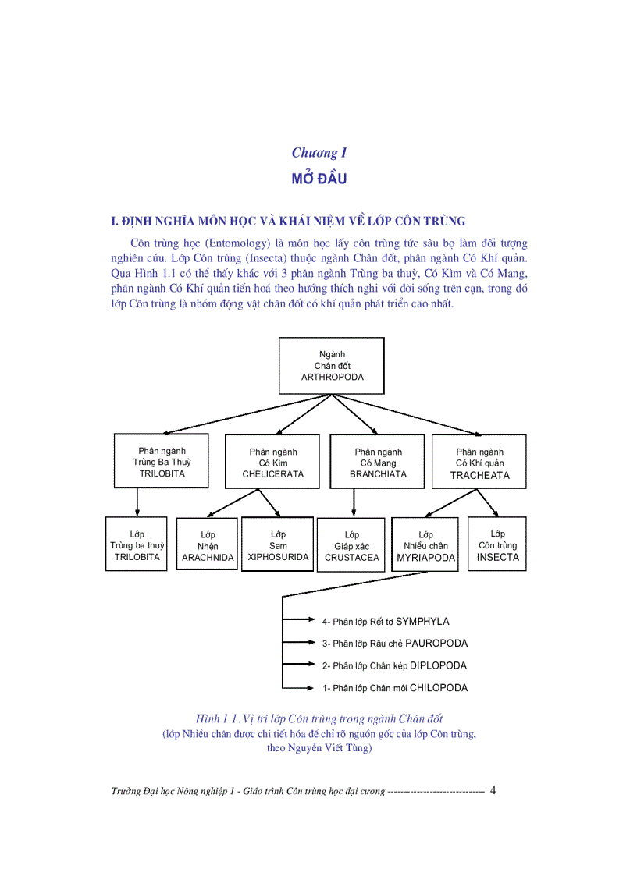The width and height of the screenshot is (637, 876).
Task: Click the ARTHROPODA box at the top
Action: point(332,365)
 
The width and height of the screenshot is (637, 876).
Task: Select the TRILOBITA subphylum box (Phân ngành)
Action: point(162,461)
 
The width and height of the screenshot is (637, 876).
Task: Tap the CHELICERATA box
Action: point(272,462)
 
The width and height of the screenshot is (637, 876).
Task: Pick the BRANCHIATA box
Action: point(378,462)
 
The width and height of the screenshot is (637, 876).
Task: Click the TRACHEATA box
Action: point(479,462)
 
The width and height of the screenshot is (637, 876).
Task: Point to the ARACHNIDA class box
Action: point(208,544)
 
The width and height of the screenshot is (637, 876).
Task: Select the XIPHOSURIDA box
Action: point(278,544)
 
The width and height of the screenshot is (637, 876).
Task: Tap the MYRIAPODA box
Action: point(425,544)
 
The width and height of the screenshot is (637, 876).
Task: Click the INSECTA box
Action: point(497,544)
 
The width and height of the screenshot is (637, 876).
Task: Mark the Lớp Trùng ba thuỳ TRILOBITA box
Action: point(137,544)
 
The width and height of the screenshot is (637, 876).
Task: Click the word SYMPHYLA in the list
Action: point(422,622)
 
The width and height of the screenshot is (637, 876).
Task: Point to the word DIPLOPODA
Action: point(438,666)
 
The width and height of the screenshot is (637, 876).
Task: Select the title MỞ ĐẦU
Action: point(318,179)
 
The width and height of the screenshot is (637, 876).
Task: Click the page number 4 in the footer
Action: point(493,790)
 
